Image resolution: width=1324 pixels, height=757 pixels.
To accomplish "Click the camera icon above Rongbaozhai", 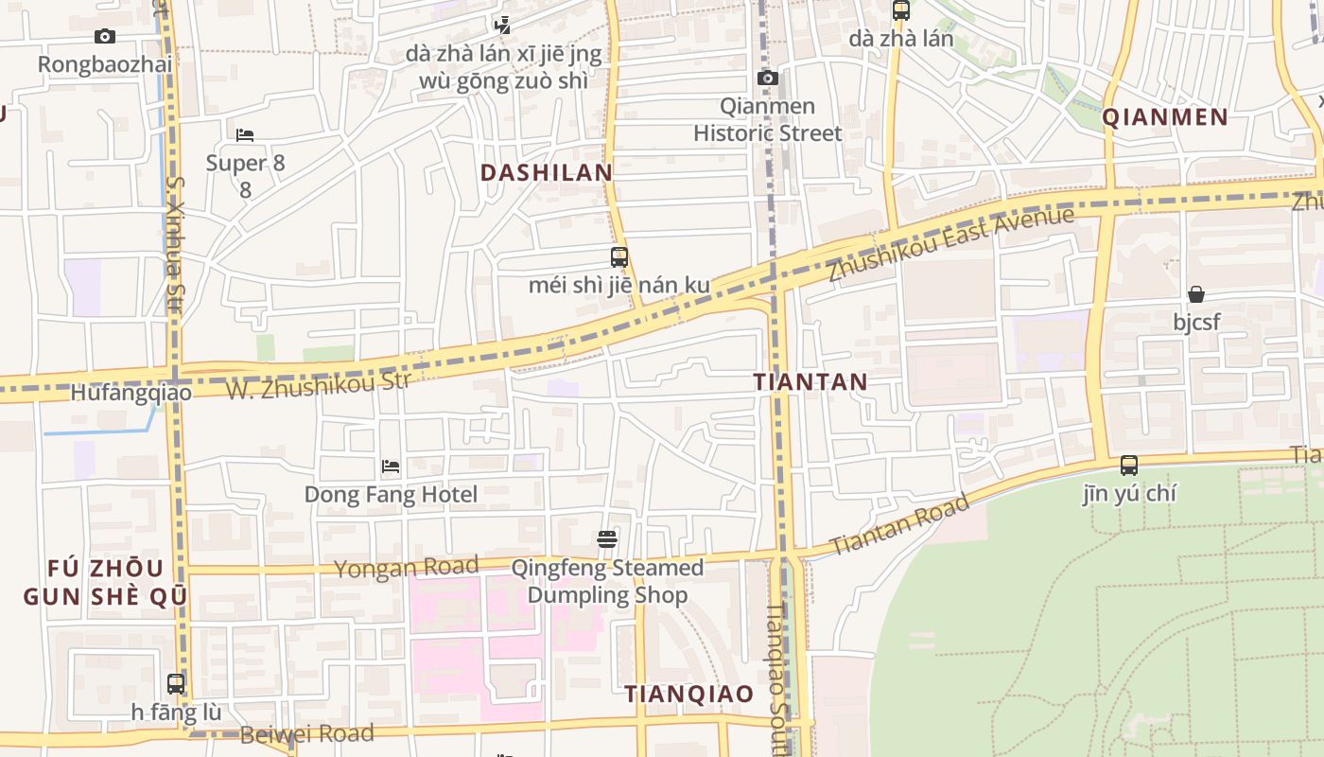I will pos(105,37).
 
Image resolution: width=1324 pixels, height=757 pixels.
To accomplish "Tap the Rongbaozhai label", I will pos(105,64).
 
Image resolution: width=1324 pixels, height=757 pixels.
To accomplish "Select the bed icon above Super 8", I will pos(245,135).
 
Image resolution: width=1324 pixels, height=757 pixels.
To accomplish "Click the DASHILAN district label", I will pos(547,173).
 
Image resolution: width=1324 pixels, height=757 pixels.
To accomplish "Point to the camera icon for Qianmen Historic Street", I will pos(768,79).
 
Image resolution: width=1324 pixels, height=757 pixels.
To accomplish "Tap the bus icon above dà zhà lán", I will pos(901,11).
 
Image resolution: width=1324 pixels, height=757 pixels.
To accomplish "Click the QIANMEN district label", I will pos(1165,117).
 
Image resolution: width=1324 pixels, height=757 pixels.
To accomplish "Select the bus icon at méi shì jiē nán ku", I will pos(619,257).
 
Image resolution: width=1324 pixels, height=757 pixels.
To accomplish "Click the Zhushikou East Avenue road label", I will pos(950,243).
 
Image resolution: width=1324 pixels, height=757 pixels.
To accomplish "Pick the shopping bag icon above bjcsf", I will pos(1196,294).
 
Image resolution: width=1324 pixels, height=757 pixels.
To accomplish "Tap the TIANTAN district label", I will pos(810,382).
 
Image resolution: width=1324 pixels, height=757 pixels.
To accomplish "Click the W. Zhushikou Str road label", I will pos(319,384).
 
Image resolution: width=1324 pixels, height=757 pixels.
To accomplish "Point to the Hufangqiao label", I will pos(131,393).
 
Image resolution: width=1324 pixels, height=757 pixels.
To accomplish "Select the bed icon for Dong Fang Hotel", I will pos(391,467).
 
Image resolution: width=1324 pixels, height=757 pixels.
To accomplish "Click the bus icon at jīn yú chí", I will pos(1129,466).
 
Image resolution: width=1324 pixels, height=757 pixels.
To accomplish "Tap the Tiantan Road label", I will pos(899,525).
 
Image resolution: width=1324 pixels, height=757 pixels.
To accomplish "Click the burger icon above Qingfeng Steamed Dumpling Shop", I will pos(607,540).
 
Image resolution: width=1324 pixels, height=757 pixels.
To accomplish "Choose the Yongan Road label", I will pos(407,568).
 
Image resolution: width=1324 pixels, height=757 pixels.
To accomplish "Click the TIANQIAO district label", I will pos(688,695).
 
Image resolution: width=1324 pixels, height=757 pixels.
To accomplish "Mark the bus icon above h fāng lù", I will pos(176,683).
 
